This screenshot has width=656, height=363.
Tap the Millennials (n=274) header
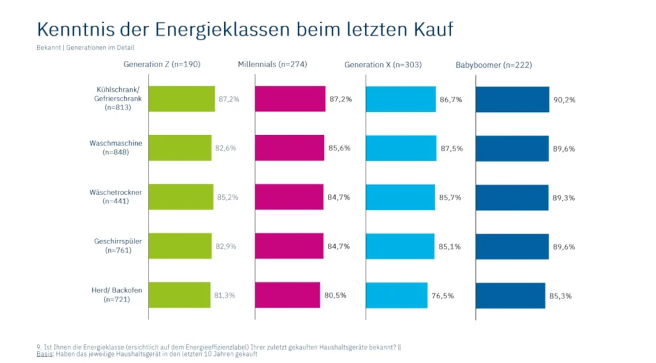(272, 65)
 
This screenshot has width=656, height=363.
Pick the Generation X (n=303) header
(382, 65)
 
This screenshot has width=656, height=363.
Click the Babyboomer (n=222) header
(493, 65)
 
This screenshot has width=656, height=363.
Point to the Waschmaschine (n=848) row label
(116, 147)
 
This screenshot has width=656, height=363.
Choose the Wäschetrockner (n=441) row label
(116, 197)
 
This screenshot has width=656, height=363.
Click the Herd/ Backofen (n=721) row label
(117, 294)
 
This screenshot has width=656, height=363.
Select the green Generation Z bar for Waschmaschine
(180, 148)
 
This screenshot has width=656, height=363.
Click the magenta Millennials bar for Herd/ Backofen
(287, 295)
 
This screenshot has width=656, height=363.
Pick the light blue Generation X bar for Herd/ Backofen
(397, 295)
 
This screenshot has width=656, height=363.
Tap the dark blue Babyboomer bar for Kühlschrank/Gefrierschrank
(512, 99)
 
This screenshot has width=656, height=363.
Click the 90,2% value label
(563, 99)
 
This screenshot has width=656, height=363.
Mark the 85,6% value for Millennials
(338, 148)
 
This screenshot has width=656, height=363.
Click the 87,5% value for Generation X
(451, 148)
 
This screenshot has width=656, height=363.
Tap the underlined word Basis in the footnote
(45, 354)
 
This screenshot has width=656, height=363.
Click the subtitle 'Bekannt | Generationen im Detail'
(85, 47)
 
